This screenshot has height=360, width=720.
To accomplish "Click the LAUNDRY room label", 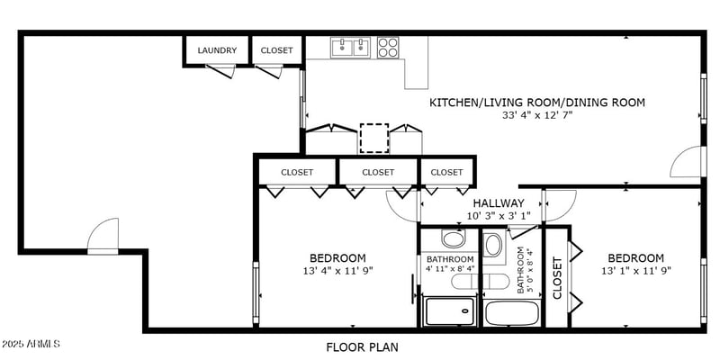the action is (x=217, y=50).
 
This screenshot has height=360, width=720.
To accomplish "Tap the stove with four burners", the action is (x=388, y=48).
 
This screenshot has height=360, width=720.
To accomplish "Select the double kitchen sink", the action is (x=351, y=48).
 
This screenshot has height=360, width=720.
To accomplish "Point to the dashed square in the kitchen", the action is (x=374, y=139).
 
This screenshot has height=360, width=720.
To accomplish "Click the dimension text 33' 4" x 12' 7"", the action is (x=536, y=115).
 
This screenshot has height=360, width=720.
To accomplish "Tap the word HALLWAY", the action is (x=499, y=203).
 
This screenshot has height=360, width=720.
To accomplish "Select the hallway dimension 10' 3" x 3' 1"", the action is (x=499, y=215).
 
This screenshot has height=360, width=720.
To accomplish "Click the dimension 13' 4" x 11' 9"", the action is (x=337, y=271).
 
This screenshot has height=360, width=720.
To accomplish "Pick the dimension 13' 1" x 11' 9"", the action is (x=636, y=271).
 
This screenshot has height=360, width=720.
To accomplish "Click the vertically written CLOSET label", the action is (x=557, y=278).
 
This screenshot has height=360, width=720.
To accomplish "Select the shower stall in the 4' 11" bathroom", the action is (x=449, y=311).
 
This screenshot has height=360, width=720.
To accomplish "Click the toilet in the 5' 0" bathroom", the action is (x=493, y=247).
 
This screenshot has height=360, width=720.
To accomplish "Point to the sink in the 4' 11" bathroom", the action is (x=453, y=238).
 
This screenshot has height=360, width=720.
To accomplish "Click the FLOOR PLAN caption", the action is (x=363, y=346).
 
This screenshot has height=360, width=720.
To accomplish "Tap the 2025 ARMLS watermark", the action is (x=31, y=344).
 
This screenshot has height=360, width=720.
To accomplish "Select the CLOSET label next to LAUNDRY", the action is (x=276, y=50).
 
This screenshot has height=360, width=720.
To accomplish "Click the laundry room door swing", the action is (x=221, y=71).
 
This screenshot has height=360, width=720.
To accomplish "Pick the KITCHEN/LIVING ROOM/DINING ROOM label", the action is (x=536, y=102).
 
